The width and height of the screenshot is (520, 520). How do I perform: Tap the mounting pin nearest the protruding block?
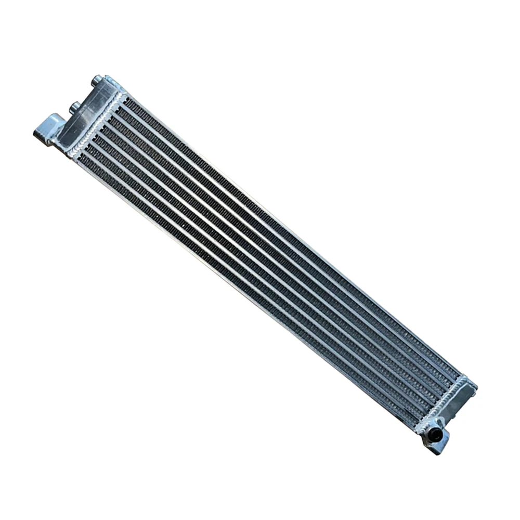click(x=74, y=106)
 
